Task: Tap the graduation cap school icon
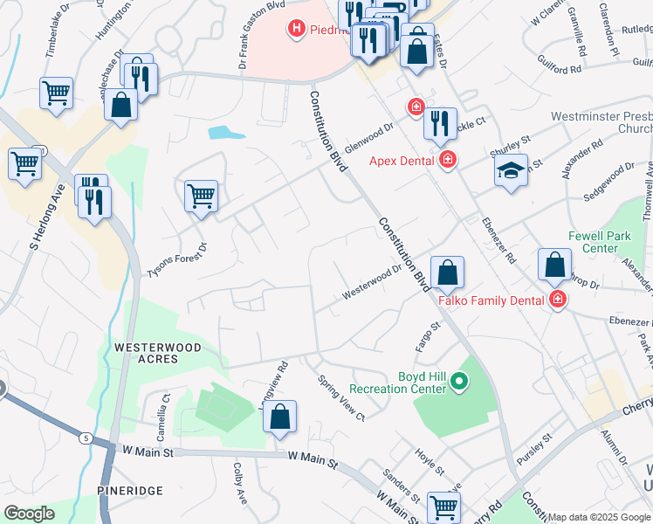(510, 170)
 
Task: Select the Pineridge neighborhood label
(128, 490)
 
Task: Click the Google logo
(30, 514)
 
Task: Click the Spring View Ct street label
(340, 398)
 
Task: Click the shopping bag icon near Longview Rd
(279, 418)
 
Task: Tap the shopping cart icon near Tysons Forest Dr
(201, 196)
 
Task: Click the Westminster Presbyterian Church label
(601, 122)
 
